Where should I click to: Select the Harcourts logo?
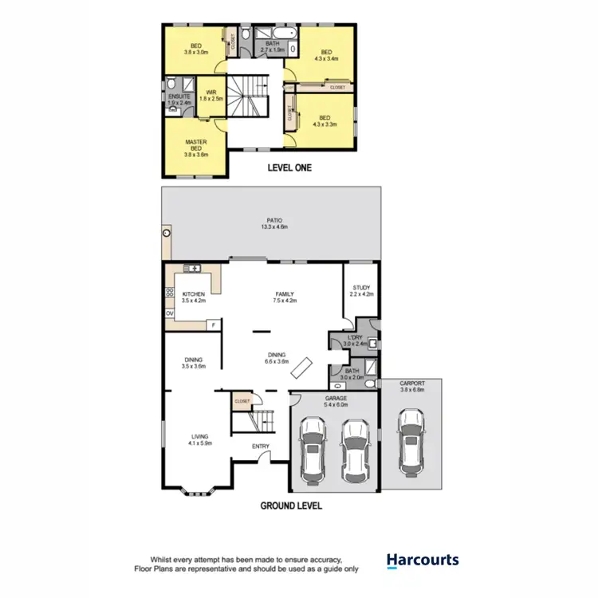tap(423, 561)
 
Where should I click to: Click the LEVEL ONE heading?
tap(289, 168)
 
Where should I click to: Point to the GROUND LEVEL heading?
tap(291, 506)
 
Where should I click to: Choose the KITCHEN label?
tap(194, 294)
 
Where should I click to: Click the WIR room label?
tap(211, 92)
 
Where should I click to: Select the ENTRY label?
tap(261, 447)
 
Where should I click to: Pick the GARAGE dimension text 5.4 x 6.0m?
tap(335, 405)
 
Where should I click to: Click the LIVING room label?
tap(199, 436)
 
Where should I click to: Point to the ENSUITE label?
tap(179, 96)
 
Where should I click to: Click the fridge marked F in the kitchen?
tap(213, 325)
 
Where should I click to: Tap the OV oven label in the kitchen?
tap(169, 314)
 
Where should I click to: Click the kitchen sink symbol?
tap(191, 268)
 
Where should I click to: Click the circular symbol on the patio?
tap(167, 234)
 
